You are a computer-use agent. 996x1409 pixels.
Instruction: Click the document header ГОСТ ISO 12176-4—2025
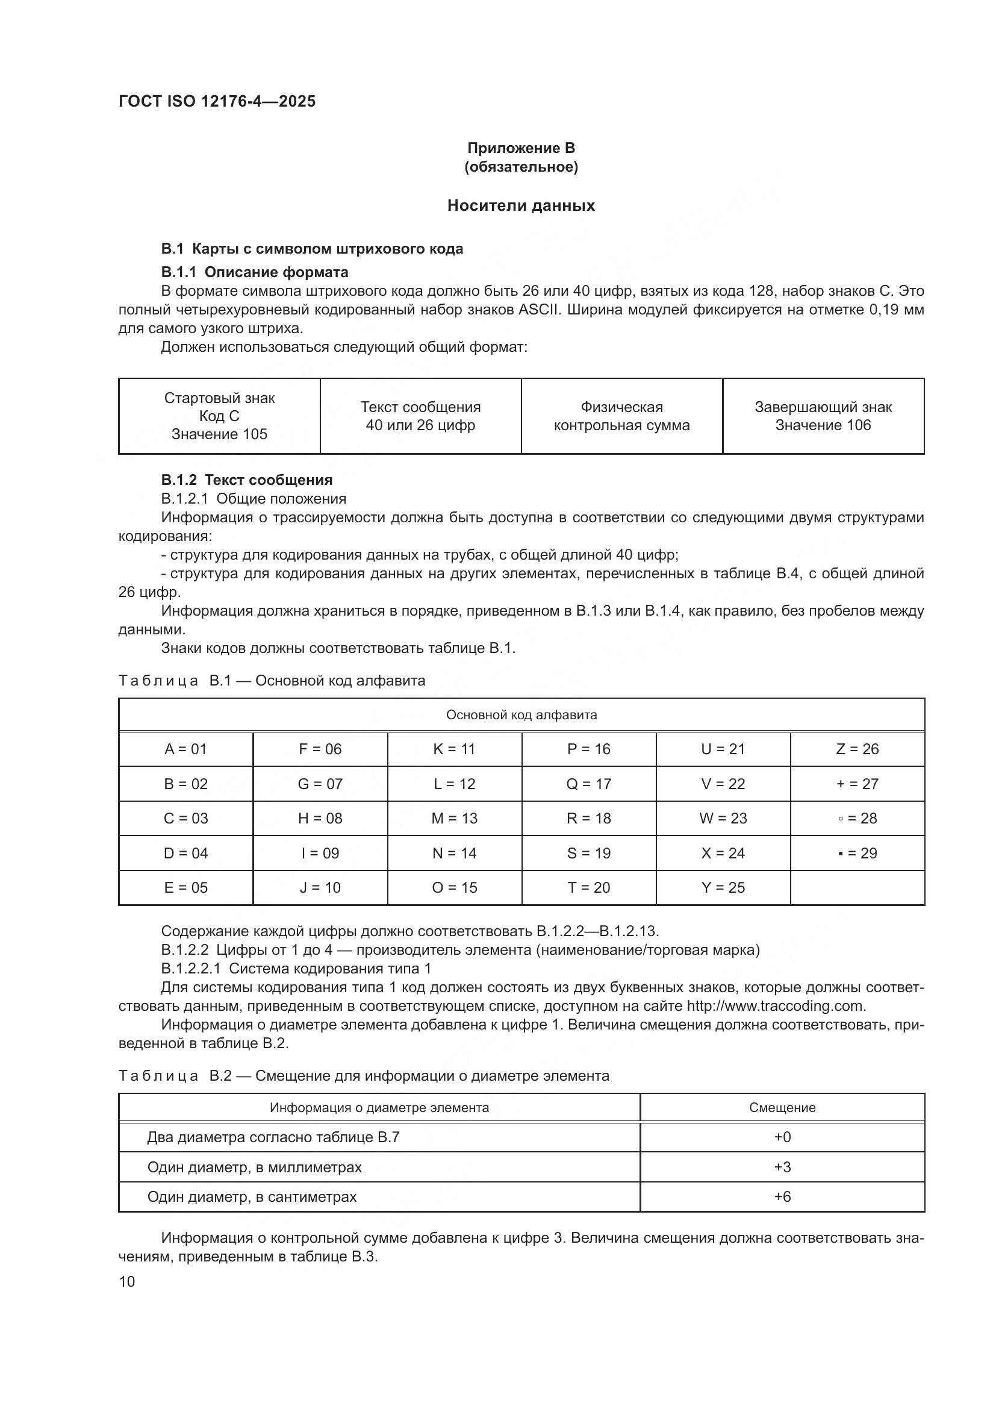217,101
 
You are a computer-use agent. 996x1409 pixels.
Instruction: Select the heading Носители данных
521,205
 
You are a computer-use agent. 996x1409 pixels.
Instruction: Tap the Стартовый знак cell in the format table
219,416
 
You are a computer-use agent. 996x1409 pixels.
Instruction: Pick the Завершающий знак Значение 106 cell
823,416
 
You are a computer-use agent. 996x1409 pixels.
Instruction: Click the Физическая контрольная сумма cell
621,416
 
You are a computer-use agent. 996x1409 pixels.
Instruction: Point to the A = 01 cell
185,749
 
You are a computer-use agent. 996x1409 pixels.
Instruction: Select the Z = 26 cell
857,749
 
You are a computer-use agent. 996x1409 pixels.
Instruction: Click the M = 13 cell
454,818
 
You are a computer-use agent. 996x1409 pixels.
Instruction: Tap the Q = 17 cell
588,784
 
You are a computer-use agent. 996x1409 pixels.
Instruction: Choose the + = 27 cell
857,784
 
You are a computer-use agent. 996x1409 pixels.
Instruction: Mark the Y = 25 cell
723,887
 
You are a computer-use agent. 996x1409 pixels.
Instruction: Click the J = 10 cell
320,887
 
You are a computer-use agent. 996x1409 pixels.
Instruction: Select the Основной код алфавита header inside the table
521,715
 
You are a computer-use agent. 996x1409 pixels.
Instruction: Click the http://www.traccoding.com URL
775,1006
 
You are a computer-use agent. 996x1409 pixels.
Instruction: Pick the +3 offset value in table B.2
782,1167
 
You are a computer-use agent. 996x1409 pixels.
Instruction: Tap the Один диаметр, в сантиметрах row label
252,1197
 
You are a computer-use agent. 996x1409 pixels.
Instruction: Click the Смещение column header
782,1108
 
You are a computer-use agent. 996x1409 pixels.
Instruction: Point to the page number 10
127,1281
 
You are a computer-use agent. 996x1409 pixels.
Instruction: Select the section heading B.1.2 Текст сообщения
246,480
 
